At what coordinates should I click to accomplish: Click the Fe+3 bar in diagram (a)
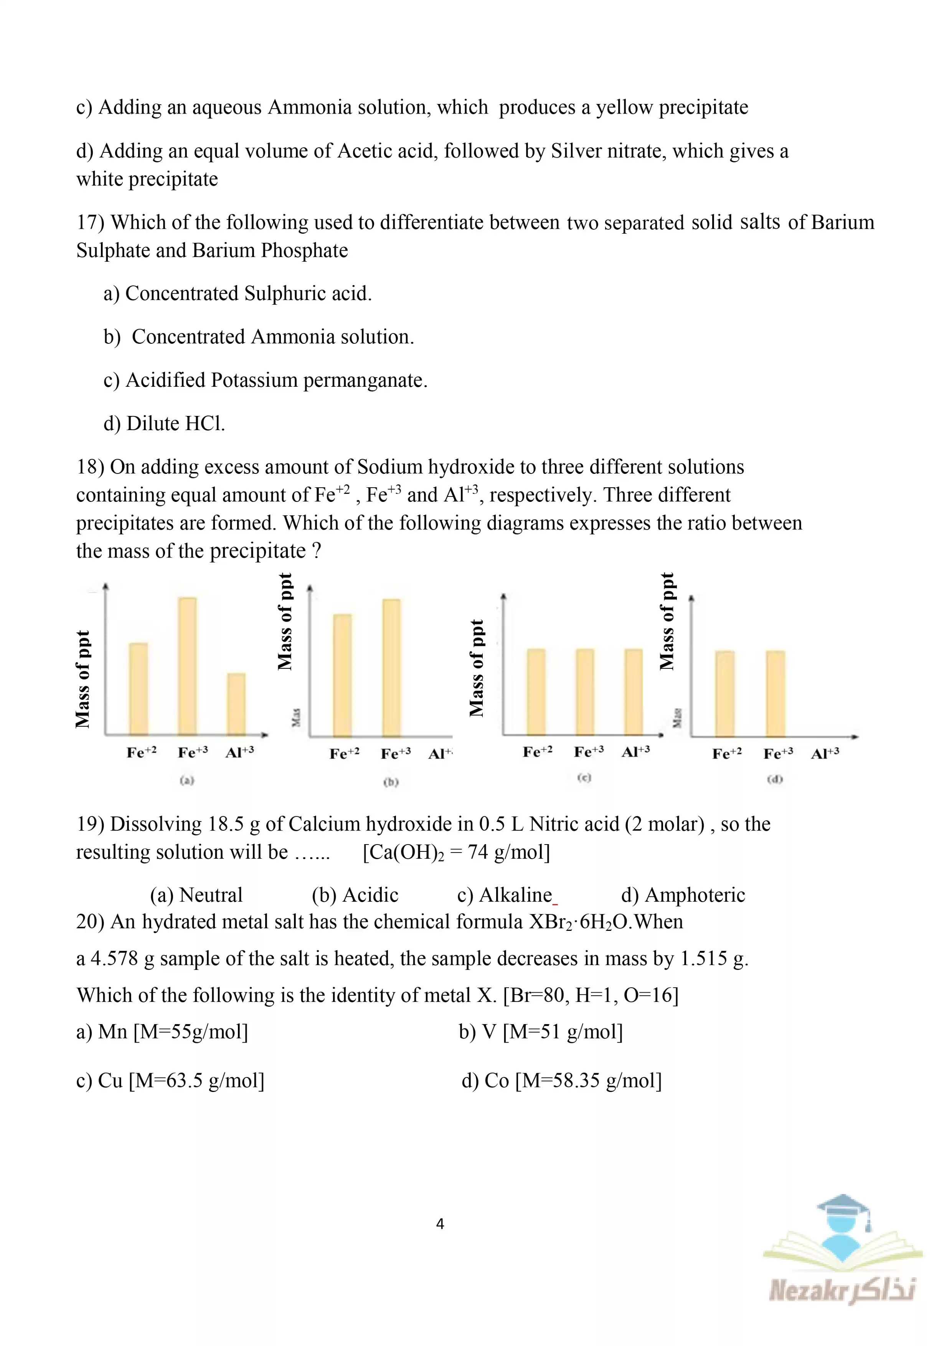(x=188, y=666)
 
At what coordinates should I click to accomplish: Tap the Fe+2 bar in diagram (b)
(x=342, y=675)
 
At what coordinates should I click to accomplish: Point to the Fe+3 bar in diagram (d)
(x=775, y=693)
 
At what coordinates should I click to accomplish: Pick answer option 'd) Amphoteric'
(x=683, y=895)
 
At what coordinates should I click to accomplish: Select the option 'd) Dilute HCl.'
(x=164, y=423)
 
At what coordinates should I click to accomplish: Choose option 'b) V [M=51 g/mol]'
(x=541, y=1032)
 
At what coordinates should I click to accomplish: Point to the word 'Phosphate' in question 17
(x=304, y=251)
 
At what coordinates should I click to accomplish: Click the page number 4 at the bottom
(x=440, y=1224)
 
